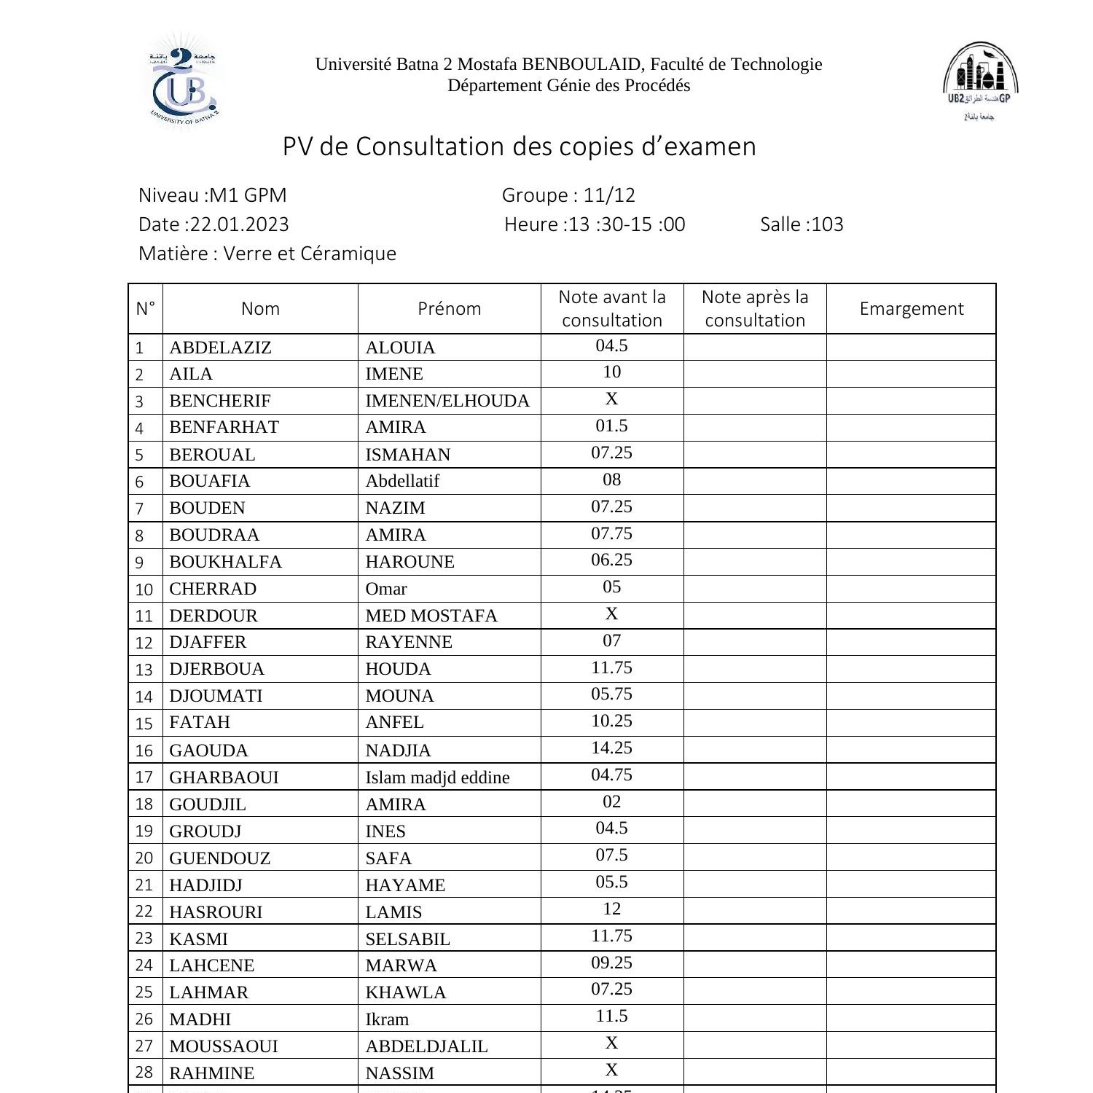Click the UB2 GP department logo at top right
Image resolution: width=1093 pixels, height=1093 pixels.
pos(980,80)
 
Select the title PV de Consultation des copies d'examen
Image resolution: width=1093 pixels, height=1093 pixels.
pos(519,146)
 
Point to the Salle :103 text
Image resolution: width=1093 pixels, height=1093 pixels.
pos(802,224)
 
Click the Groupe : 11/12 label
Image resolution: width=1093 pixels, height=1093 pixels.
pos(568,195)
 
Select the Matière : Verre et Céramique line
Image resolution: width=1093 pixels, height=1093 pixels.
pos(267,254)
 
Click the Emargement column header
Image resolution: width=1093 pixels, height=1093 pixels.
pos(911,309)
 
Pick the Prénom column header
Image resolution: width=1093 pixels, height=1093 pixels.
pos(449,309)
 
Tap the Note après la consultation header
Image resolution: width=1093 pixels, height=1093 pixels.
pos(755,309)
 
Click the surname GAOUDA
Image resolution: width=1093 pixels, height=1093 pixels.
pos(208,751)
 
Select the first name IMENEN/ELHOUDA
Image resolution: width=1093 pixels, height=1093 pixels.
pos(447,401)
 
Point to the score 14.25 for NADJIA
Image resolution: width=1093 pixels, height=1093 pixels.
pos(611,748)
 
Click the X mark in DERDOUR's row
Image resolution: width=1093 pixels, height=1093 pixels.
pos(611,614)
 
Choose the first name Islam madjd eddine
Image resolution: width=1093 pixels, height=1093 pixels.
pos(437,777)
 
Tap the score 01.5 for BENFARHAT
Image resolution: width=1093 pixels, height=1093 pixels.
pos(611,426)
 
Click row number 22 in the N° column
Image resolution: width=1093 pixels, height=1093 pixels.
pos(144,912)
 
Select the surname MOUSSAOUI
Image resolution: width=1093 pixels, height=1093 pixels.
pos(224,1046)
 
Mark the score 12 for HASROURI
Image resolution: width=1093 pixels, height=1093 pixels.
pos(611,909)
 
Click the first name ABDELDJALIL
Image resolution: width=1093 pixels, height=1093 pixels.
pos(426,1046)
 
